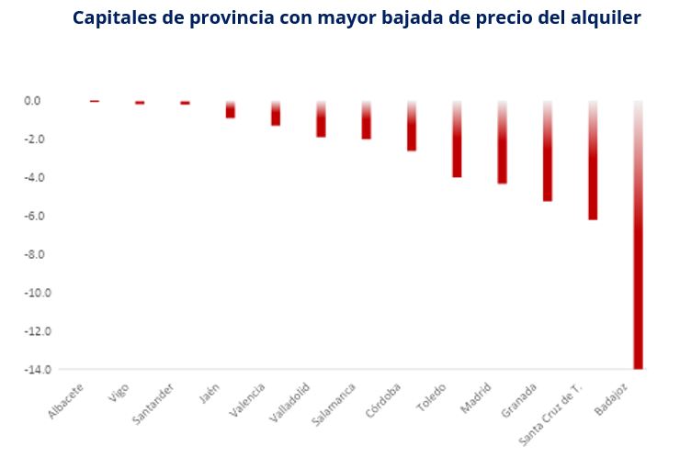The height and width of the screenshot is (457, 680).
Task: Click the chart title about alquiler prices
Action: tap(357, 18)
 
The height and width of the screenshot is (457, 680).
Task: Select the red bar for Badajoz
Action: tap(638, 235)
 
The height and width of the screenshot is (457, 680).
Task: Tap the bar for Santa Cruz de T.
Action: tap(593, 161)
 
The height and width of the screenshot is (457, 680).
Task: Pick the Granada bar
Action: tap(548, 150)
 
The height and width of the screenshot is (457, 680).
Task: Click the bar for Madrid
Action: tap(503, 142)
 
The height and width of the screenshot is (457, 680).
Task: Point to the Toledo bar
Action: tap(457, 139)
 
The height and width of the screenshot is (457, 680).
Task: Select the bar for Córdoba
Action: tap(412, 126)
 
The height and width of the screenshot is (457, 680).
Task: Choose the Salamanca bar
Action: tap(367, 120)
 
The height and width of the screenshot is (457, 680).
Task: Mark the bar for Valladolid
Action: tap(321, 118)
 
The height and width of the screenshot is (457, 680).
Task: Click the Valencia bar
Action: tap(276, 113)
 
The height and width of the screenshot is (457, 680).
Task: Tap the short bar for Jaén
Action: tap(231, 109)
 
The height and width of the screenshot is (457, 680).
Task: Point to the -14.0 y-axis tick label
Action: tap(38, 370)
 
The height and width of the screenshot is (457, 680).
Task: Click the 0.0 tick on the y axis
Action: tap(32, 101)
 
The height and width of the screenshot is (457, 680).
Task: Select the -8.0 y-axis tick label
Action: tap(35, 254)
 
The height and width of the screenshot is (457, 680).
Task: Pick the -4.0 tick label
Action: tap(35, 178)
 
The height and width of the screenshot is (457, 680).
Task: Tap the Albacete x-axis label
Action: tap(65, 401)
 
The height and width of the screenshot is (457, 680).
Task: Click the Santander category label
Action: tap(153, 404)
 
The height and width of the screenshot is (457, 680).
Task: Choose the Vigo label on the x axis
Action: tap(119, 393)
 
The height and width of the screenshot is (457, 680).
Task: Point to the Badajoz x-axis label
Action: tap(611, 399)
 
